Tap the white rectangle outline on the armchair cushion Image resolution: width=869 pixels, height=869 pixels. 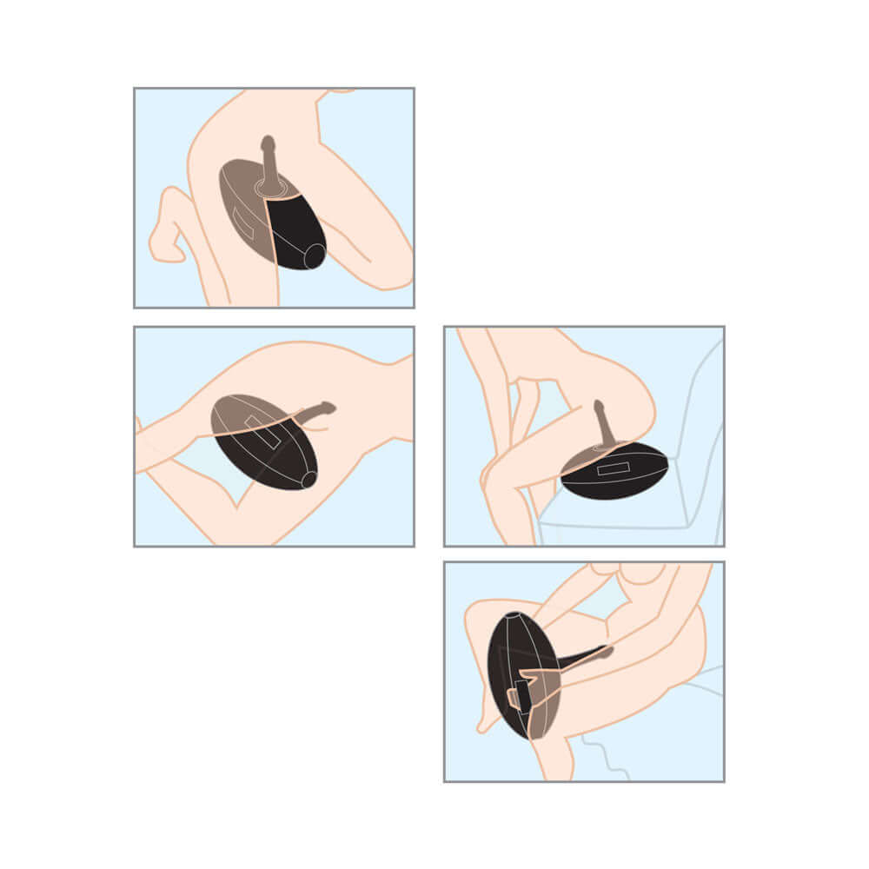(614, 468)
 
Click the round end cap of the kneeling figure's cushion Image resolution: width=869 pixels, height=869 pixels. (314, 255)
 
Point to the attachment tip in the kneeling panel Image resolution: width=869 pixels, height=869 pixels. (269, 143)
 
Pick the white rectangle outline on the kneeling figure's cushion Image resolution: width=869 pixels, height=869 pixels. (244, 222)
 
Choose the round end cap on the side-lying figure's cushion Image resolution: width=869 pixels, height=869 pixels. (308, 479)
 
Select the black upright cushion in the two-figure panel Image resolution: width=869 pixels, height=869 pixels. (511, 660)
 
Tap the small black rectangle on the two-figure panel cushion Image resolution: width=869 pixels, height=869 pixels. (522, 695)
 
